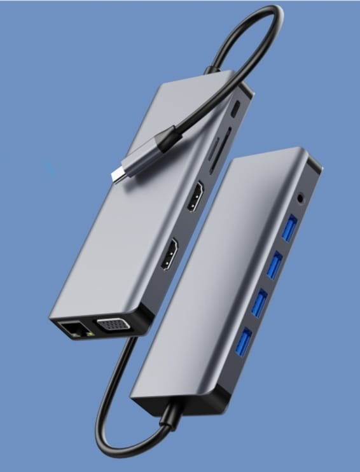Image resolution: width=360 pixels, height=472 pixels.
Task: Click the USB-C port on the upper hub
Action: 236,108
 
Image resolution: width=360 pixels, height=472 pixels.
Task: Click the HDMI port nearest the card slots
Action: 194,196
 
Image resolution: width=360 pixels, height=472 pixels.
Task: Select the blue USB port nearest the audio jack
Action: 289,227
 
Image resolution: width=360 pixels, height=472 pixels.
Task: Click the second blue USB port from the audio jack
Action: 274,265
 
